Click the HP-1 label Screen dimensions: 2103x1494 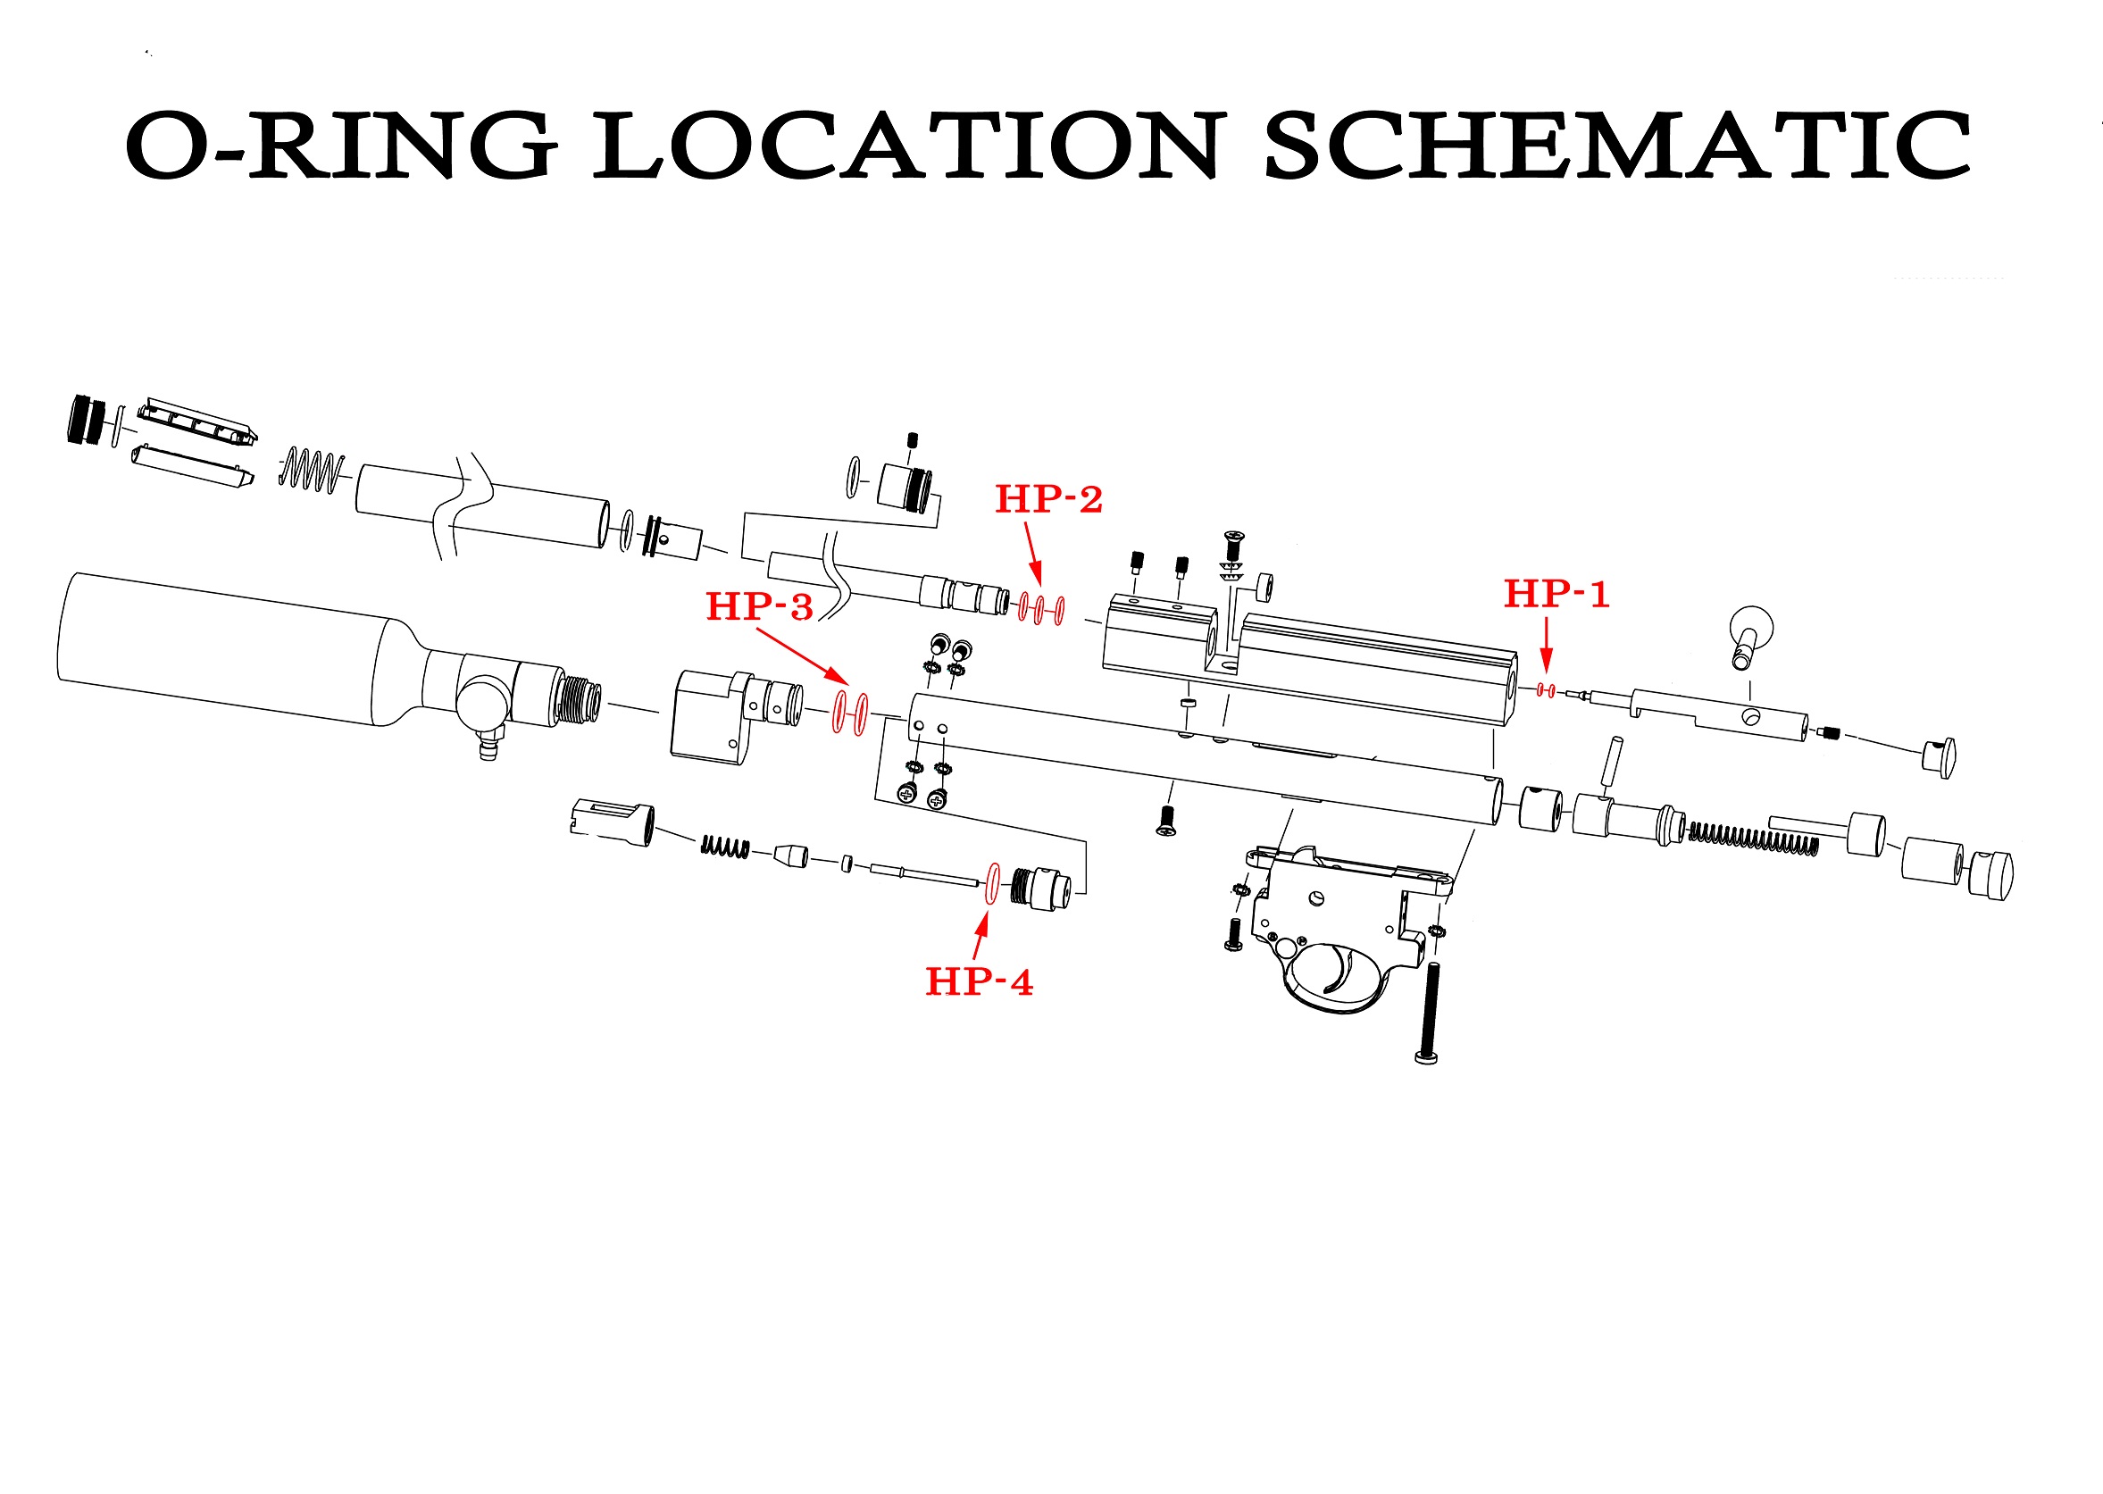coord(1556,594)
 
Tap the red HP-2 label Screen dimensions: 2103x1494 coord(1048,499)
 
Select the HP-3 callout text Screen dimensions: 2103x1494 coord(759,607)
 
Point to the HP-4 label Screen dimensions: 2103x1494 coord(979,982)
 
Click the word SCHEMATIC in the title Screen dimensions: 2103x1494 coord(1617,146)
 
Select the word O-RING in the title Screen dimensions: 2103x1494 coord(341,146)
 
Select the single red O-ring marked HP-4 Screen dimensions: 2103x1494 coord(992,884)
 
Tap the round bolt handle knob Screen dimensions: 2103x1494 coord(1751,628)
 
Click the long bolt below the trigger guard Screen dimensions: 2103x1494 coord(1427,1013)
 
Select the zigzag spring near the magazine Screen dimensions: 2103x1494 coord(312,470)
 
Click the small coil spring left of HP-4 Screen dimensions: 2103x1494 coord(725,847)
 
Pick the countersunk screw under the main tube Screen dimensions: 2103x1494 coord(1166,821)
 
